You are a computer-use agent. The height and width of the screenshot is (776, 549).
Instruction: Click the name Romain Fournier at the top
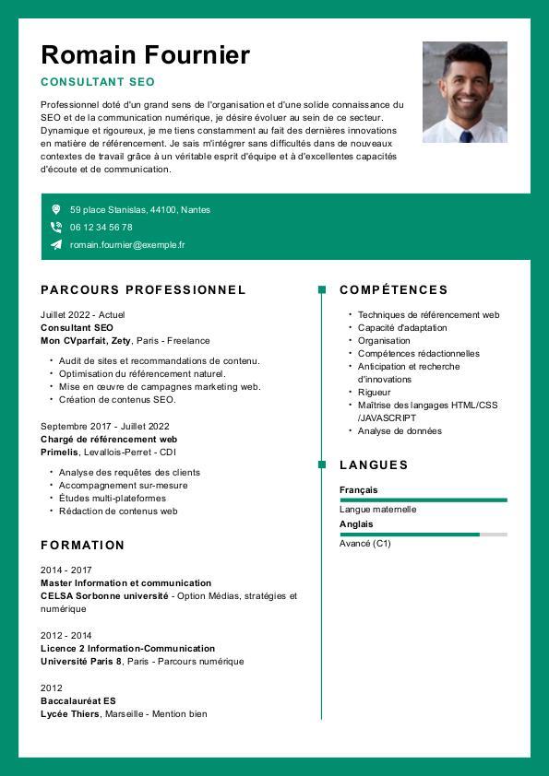click(145, 55)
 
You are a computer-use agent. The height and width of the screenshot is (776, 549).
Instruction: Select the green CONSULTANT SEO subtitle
click(98, 82)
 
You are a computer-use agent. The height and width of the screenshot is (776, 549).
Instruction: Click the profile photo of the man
click(464, 91)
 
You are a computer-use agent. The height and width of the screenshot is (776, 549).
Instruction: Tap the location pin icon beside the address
click(56, 210)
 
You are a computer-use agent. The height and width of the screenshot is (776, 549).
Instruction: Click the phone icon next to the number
click(56, 227)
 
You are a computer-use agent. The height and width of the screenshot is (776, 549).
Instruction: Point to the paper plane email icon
click(56, 245)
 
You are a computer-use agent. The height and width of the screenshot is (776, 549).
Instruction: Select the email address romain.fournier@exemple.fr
click(127, 245)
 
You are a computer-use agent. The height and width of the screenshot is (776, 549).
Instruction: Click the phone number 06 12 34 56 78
click(101, 227)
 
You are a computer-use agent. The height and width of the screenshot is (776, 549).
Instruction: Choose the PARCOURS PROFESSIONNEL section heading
click(143, 289)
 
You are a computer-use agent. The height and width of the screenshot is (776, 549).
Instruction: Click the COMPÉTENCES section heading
click(393, 289)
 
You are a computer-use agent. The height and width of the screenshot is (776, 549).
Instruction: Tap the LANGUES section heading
click(373, 464)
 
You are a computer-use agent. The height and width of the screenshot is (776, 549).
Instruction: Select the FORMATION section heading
click(82, 545)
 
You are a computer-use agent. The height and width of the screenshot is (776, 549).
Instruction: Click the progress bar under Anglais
click(423, 535)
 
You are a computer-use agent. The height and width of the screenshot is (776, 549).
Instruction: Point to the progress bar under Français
click(423, 500)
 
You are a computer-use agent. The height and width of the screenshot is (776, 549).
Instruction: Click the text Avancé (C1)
click(365, 544)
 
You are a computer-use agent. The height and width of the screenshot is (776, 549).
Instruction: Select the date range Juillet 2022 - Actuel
click(82, 314)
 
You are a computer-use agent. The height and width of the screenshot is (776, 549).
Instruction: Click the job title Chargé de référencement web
click(109, 440)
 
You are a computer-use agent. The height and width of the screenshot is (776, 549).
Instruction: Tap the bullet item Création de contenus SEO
click(117, 400)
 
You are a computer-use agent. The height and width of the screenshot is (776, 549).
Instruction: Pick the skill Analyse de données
click(400, 431)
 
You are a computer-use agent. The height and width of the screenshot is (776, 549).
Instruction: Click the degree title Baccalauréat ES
click(78, 700)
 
